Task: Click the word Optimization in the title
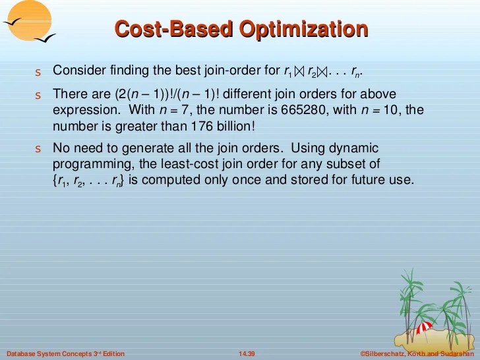point(303,30)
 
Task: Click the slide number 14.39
point(247,355)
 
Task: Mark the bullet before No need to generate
point(38,148)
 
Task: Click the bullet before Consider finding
point(38,71)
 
